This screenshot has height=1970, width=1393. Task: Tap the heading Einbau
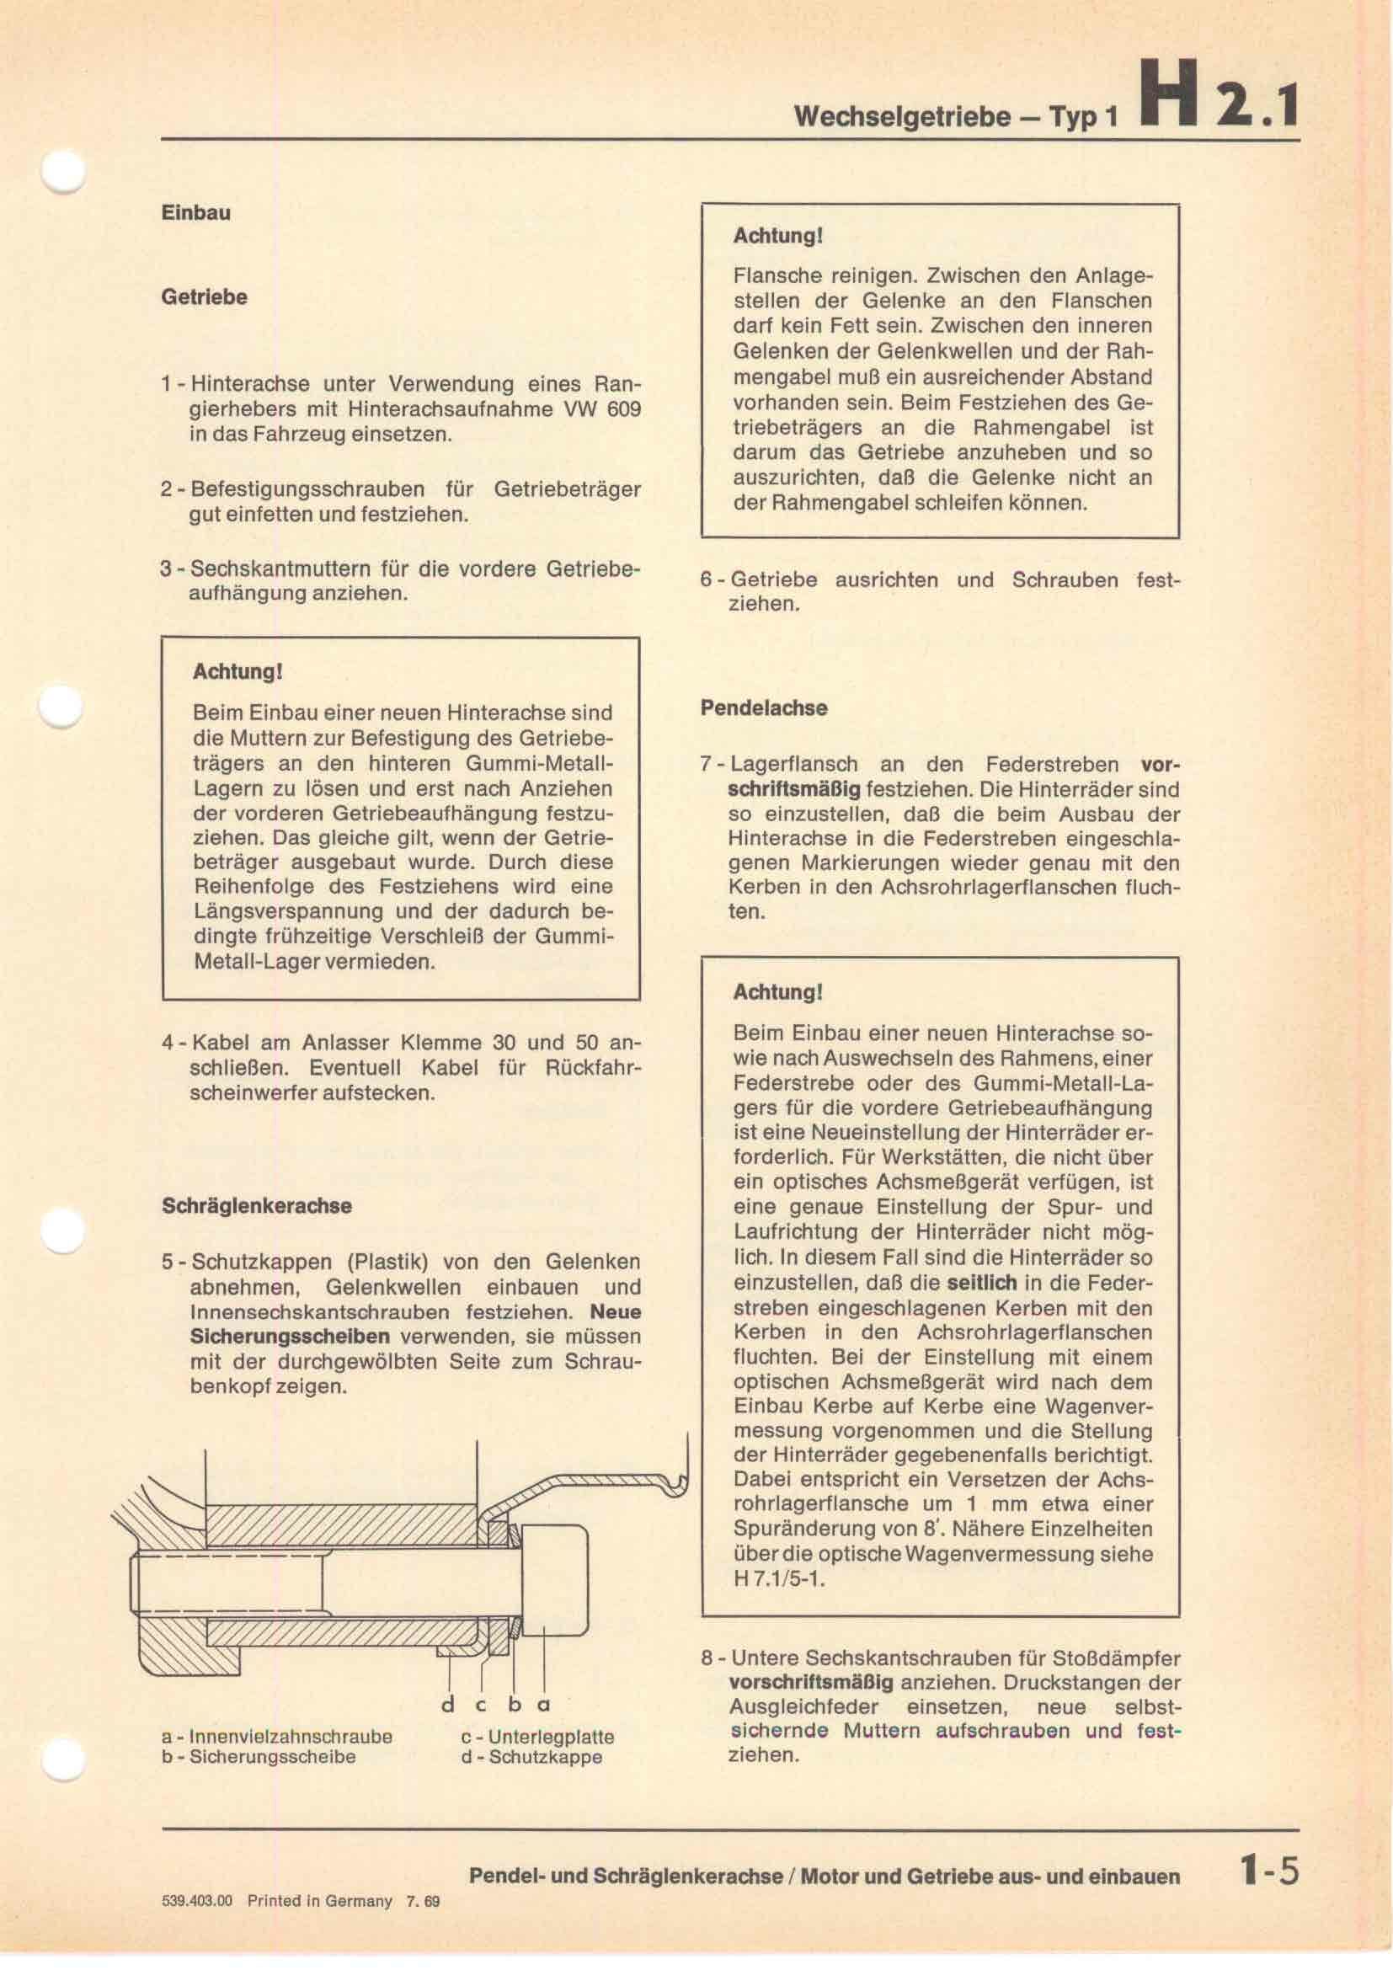[195, 213]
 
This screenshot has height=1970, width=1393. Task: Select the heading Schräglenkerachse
[257, 1205]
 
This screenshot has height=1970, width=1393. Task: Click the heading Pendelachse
[763, 707]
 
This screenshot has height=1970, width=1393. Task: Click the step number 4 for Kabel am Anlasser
[168, 1044]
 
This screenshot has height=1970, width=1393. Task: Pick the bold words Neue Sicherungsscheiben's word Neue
[615, 1312]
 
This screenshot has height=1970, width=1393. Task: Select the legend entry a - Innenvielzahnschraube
[277, 1736]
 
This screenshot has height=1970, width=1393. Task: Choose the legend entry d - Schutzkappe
[531, 1756]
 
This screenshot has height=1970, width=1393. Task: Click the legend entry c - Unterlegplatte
[537, 1736]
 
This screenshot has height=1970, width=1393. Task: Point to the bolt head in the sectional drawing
[553, 1579]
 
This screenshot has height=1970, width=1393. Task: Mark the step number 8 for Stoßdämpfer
[707, 1659]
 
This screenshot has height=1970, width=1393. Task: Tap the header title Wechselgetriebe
[901, 116]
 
